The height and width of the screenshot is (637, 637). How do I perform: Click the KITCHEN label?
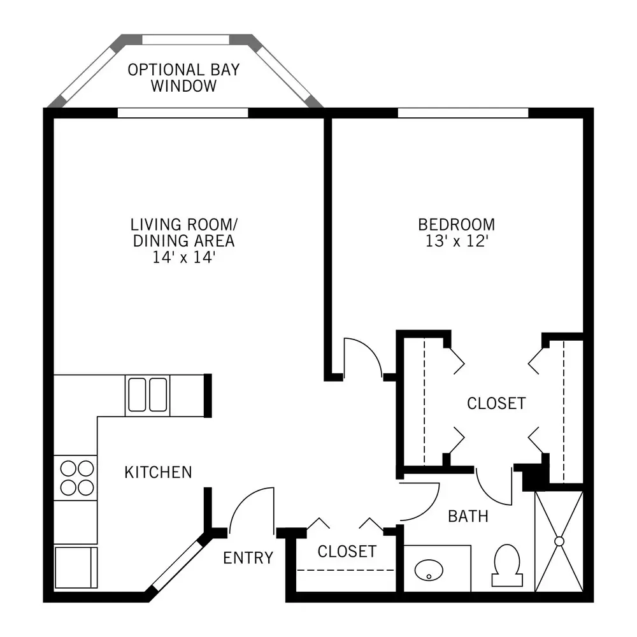(158, 472)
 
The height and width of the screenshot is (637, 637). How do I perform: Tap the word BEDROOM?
(457, 224)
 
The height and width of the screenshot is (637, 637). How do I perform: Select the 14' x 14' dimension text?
(183, 257)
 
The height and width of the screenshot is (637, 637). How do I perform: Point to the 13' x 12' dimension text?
(457, 241)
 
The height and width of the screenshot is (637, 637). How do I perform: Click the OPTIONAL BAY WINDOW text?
(183, 78)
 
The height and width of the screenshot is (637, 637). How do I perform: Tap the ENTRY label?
(248, 558)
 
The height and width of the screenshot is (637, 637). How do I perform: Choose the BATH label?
(468, 516)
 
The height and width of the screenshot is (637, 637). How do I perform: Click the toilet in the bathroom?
(507, 565)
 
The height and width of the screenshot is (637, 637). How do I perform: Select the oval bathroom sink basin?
(429, 570)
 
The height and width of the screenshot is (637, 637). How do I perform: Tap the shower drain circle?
(559, 541)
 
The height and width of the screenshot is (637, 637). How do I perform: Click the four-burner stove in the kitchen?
(76, 478)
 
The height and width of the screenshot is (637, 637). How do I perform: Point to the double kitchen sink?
(148, 395)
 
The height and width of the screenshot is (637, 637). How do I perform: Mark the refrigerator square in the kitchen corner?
(76, 567)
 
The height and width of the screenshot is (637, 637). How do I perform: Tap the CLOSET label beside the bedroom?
(496, 403)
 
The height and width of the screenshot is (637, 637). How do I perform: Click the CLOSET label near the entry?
(347, 551)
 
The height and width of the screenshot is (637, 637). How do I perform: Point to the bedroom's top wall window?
(462, 113)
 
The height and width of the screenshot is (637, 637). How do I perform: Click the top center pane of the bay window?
(185, 39)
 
